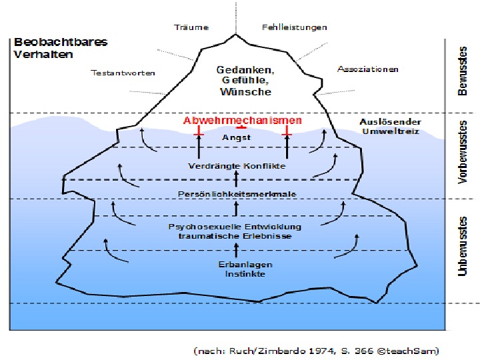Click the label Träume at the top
tap(191, 27)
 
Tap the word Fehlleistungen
tap(295, 27)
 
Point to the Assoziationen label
tap(368, 69)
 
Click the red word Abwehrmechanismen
tap(243, 121)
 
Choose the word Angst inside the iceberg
tap(236, 137)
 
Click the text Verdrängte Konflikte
tap(237, 165)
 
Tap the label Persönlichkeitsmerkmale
tap(237, 193)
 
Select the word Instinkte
tap(236, 274)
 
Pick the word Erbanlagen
tap(236, 265)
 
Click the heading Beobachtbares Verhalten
tap(60, 48)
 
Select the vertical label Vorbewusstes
tap(462, 152)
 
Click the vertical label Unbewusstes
tap(462, 245)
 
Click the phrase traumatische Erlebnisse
tap(235, 236)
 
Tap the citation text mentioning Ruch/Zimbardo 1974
tap(316, 350)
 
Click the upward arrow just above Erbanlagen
tap(236, 250)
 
